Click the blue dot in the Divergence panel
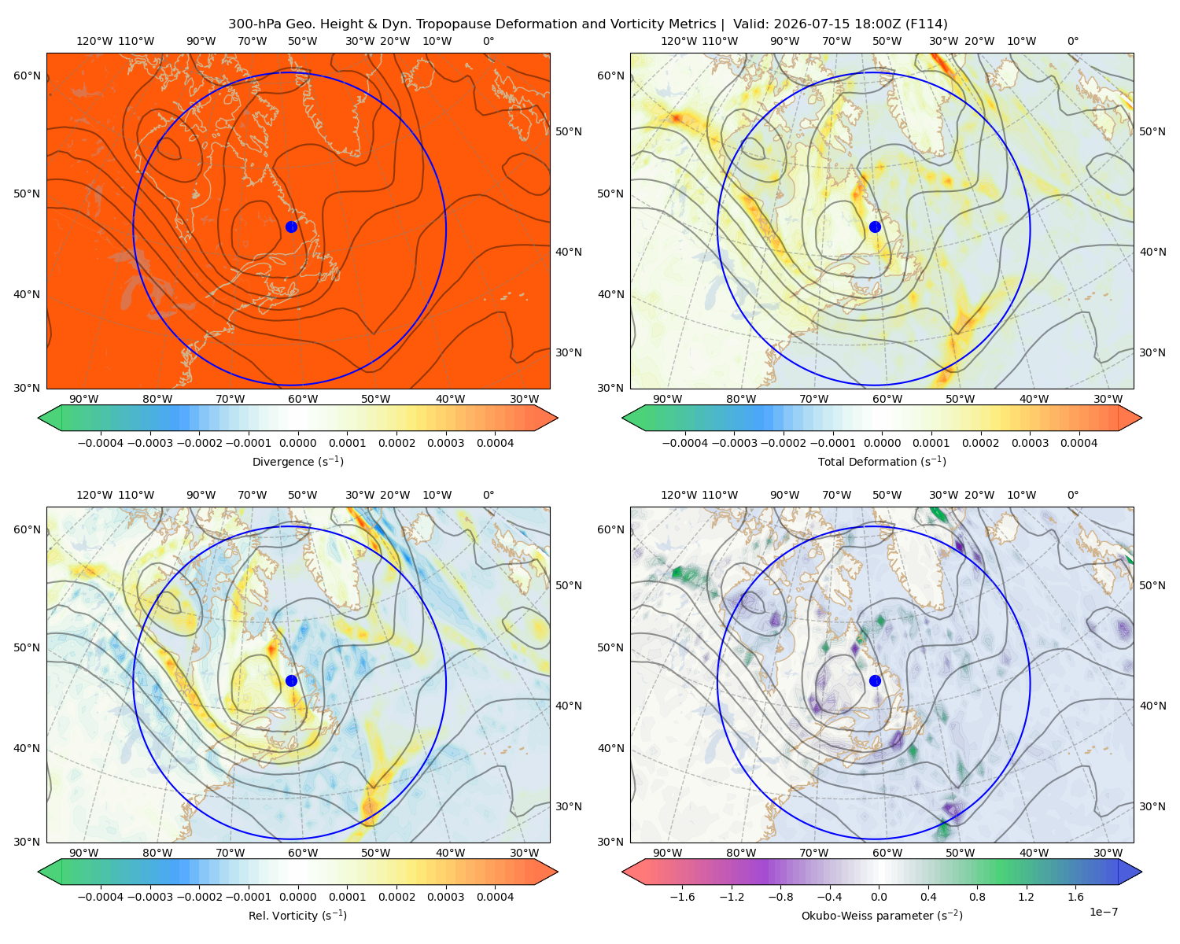tap(291, 227)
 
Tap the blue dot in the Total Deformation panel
tap(875, 227)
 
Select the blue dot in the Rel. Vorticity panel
tap(291, 680)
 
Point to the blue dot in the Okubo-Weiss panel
tap(875, 680)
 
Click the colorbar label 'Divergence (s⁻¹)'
tap(297, 461)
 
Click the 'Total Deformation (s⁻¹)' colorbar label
tap(882, 461)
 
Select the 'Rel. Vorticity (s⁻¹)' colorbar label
tap(297, 915)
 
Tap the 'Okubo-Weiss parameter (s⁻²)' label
tap(882, 915)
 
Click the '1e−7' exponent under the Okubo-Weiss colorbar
tap(1103, 912)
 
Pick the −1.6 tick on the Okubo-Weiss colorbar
tap(682, 896)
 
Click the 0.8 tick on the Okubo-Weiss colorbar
tap(977, 896)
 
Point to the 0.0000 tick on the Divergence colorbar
tap(297, 443)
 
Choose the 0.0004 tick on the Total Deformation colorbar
tap(1079, 443)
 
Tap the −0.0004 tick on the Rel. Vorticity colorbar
tap(101, 896)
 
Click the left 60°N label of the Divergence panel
tap(27, 76)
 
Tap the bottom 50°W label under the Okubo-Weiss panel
tap(960, 853)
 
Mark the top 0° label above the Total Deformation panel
tap(1073, 41)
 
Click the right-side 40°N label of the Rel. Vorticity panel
tap(569, 706)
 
